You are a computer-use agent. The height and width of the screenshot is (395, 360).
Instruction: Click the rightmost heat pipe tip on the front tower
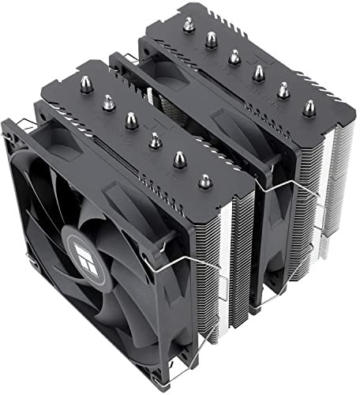click(x=205, y=181)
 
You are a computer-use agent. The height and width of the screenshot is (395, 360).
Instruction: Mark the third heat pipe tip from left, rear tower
click(x=234, y=55)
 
